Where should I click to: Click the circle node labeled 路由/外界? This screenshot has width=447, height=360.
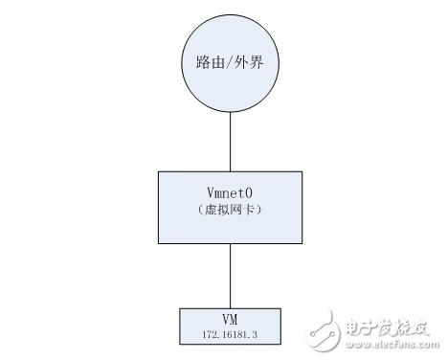[230, 63]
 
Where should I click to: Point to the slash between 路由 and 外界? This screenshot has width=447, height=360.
[230, 62]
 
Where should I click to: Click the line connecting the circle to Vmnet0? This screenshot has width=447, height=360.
[230, 142]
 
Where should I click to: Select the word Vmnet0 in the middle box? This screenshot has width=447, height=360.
[230, 192]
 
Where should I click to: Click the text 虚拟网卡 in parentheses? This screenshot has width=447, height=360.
[230, 210]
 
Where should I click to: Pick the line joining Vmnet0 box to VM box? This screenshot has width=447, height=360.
[230, 276]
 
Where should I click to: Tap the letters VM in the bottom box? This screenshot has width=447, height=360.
[230, 319]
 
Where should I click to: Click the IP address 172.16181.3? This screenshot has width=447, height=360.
[230, 334]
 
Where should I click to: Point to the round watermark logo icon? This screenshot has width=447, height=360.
[323, 331]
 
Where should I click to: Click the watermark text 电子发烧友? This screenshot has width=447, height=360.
[387, 327]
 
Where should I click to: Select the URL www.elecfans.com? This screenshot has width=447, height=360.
[392, 345]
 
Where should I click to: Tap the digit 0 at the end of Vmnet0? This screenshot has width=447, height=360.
[249, 192]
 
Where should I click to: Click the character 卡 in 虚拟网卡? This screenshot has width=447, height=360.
[249, 210]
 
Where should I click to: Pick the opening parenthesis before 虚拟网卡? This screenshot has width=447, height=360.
[200, 210]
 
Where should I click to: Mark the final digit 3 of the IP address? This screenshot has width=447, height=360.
[255, 334]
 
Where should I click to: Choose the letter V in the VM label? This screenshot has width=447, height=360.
[226, 319]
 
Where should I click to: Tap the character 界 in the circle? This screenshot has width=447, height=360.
[257, 62]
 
